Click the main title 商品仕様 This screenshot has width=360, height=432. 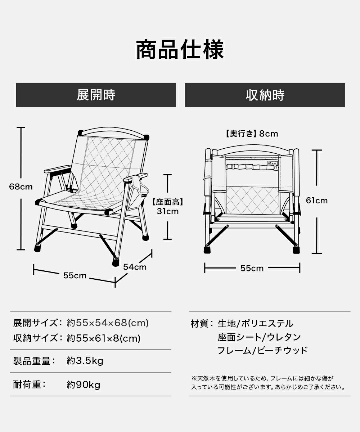point(180,50)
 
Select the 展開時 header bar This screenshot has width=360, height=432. point(96,95)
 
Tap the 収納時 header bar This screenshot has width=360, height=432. point(265,95)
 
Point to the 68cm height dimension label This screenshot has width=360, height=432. point(21,187)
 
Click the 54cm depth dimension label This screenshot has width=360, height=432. point(135,267)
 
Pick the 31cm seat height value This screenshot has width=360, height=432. point(167,211)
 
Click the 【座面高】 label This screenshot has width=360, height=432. point(168,202)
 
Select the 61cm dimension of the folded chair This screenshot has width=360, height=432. point(317,201)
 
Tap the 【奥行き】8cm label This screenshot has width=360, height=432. point(252,134)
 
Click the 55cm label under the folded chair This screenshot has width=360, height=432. point(252,268)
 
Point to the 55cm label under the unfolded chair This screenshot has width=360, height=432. point(75,275)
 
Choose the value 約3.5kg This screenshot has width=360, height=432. point(85,361)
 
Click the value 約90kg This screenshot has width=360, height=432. point(84,385)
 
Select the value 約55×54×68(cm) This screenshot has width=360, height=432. point(108,323)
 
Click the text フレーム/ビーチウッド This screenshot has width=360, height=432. point(262,350)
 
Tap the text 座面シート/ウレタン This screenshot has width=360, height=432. point(259,337)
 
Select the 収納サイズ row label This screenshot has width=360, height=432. point(36,338)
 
